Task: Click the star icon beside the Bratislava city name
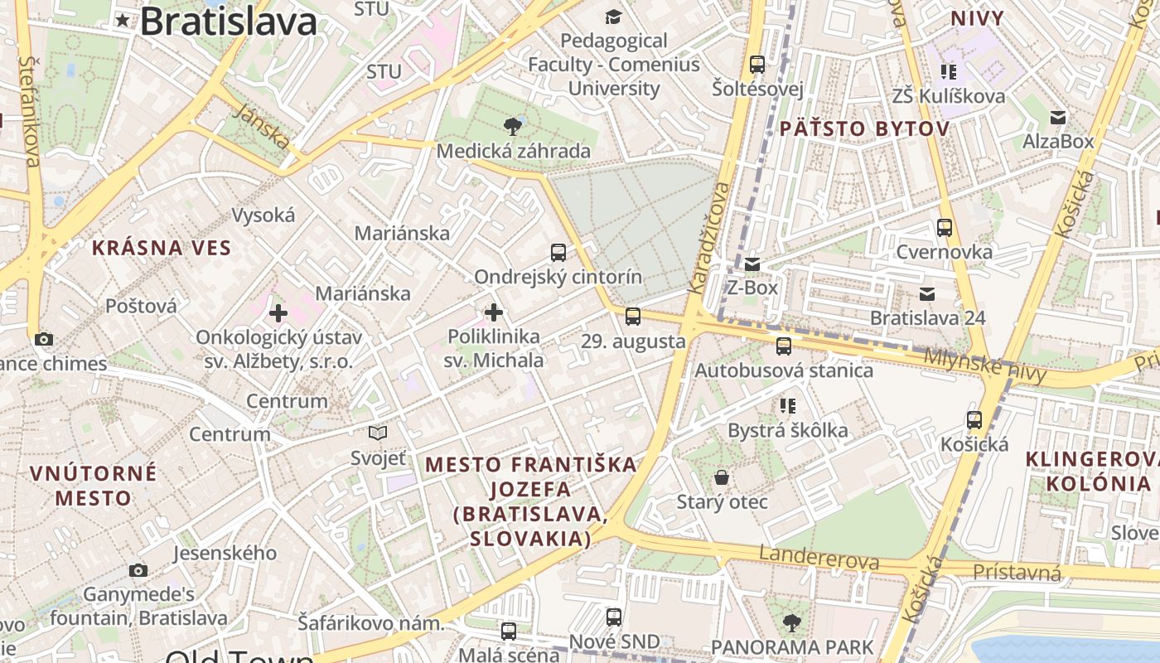click(123, 20)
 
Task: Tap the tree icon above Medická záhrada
click(513, 127)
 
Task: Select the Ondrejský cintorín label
click(558, 277)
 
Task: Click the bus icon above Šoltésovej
click(756, 64)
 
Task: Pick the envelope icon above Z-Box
click(752, 264)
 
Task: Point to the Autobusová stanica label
click(783, 370)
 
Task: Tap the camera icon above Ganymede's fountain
click(138, 570)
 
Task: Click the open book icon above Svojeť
click(378, 433)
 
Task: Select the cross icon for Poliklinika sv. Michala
click(494, 312)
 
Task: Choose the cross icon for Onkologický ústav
click(278, 313)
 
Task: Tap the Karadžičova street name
click(709, 236)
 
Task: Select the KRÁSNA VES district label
click(162, 248)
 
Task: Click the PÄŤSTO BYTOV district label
click(864, 128)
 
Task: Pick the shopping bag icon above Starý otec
click(722, 477)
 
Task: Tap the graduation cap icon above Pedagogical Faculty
click(613, 17)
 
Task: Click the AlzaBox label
click(1058, 142)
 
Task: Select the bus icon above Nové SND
click(614, 617)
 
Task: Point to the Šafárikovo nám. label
click(371, 623)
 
